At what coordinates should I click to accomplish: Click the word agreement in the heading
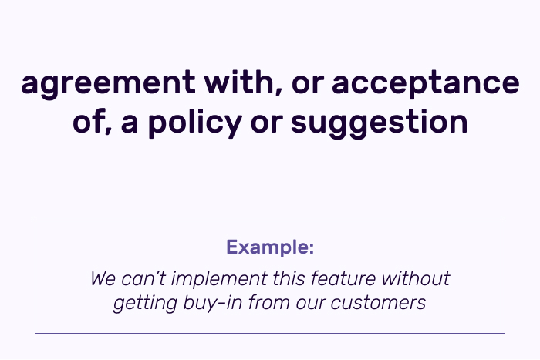(108, 83)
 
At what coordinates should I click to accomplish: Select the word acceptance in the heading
(426, 84)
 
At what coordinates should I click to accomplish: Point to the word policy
(195, 123)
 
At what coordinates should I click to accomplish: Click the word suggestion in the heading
(380, 124)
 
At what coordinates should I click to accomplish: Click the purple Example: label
(270, 247)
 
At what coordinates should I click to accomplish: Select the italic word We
(103, 278)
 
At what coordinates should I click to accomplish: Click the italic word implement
(219, 279)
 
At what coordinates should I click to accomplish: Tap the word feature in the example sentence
(343, 278)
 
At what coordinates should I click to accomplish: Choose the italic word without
(416, 278)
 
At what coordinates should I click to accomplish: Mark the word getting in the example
(145, 304)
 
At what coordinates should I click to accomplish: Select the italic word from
(270, 303)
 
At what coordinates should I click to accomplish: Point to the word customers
(378, 304)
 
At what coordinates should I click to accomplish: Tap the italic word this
(289, 278)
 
